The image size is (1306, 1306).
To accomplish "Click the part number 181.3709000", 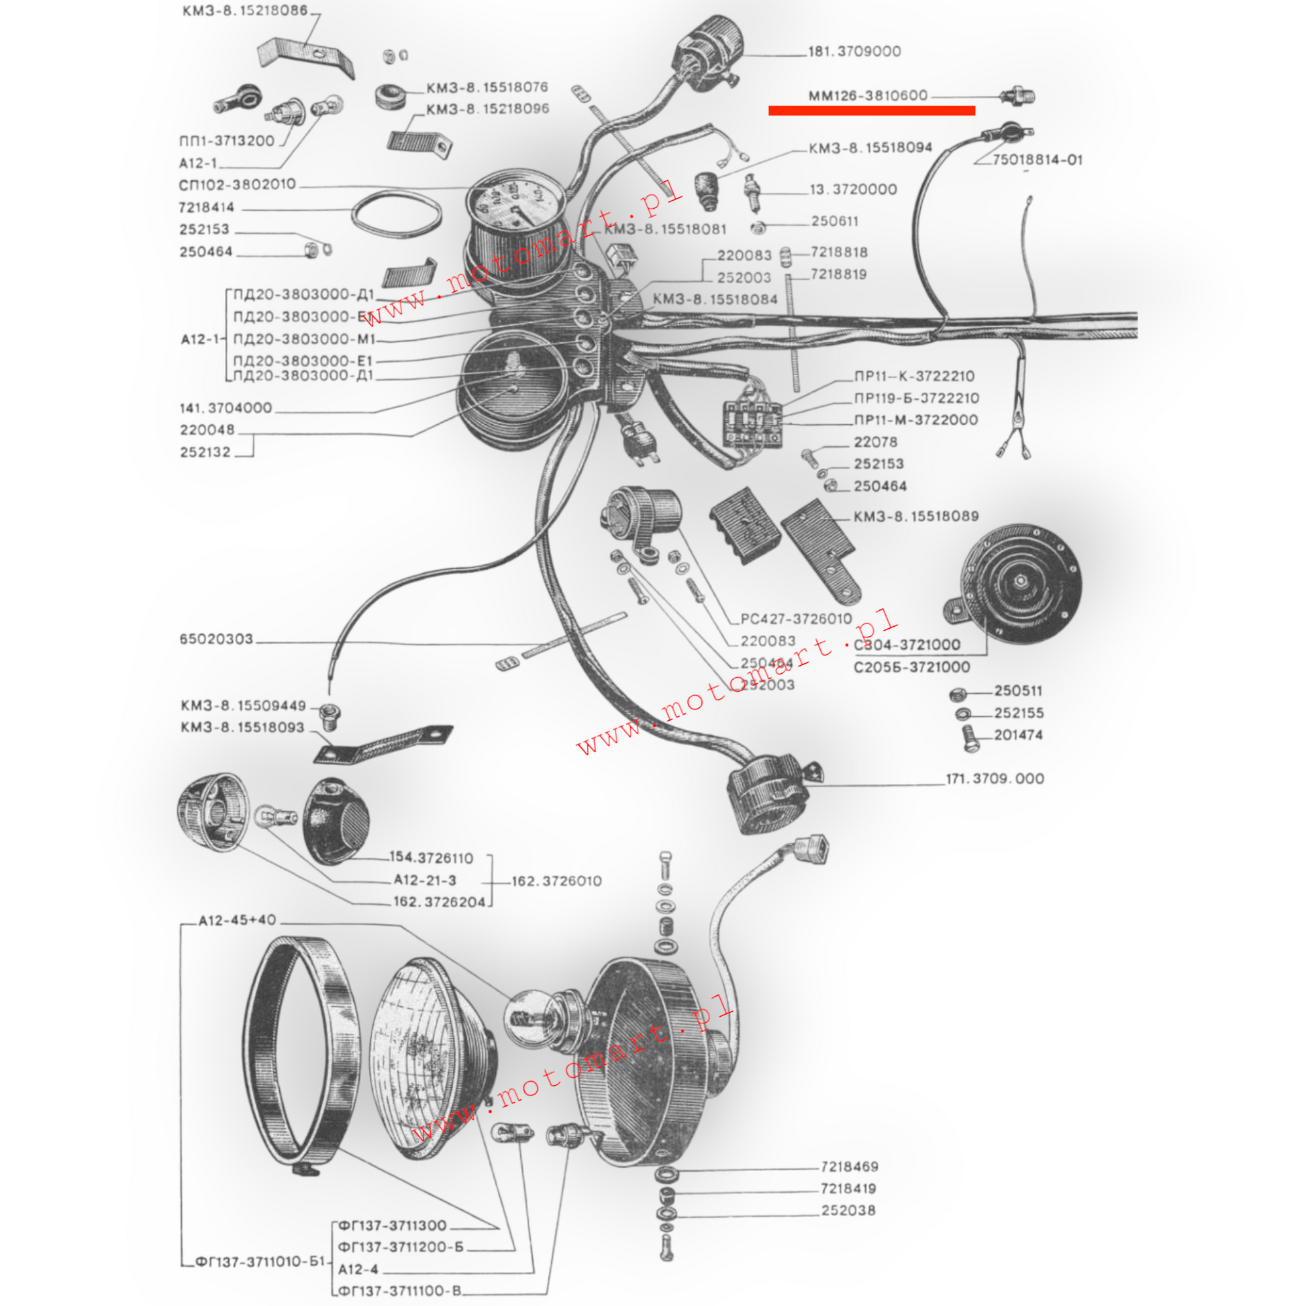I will coord(854,52).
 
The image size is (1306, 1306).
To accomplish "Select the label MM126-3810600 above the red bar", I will coord(868,96).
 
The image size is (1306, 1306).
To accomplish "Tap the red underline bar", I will coord(871,111).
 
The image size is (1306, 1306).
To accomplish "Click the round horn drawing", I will coord(1019,583).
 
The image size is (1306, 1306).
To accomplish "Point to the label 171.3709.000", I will coord(995,778).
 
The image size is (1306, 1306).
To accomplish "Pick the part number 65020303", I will coord(216,639).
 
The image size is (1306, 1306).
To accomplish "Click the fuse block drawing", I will coord(752,423).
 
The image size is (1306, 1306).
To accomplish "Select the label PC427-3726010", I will coord(797,619).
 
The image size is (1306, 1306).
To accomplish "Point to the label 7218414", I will coord(206,207).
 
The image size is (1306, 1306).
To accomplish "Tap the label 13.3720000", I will coord(853,190).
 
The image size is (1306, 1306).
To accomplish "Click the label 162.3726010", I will coord(556,881).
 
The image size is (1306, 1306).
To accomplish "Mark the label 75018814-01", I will coord(1037,160).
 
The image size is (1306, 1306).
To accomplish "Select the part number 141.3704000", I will coord(225,408).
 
